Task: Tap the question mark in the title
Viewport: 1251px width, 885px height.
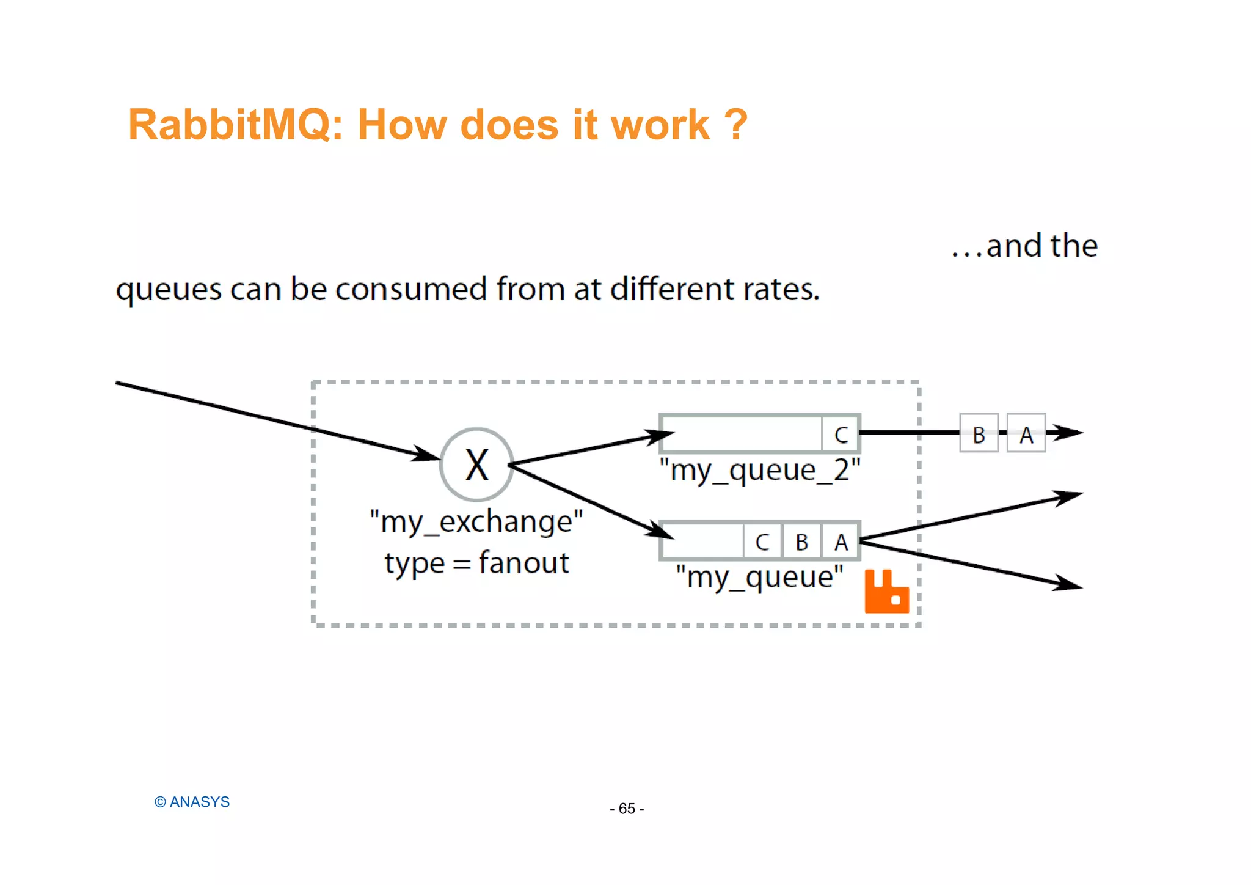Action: pos(735,125)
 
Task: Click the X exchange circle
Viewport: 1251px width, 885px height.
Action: pos(476,465)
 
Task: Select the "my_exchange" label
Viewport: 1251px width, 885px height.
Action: pos(476,522)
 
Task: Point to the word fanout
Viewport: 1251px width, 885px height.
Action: pos(523,563)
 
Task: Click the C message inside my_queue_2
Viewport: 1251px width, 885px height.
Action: pos(841,435)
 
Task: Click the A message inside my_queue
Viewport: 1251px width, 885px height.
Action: pos(841,542)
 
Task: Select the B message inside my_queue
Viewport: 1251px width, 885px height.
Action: pos(801,542)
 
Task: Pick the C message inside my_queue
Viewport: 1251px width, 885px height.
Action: pos(762,542)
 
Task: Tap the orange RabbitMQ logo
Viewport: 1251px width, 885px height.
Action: pos(886,592)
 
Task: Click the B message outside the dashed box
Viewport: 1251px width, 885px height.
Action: pos(979,434)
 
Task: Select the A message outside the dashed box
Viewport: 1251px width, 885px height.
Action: pos(1026,434)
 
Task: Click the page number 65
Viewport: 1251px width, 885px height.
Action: pos(627,809)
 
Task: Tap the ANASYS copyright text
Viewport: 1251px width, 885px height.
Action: pos(192,802)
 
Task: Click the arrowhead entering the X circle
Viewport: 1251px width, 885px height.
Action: pos(426,454)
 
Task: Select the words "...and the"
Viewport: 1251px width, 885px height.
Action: pos(1024,246)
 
